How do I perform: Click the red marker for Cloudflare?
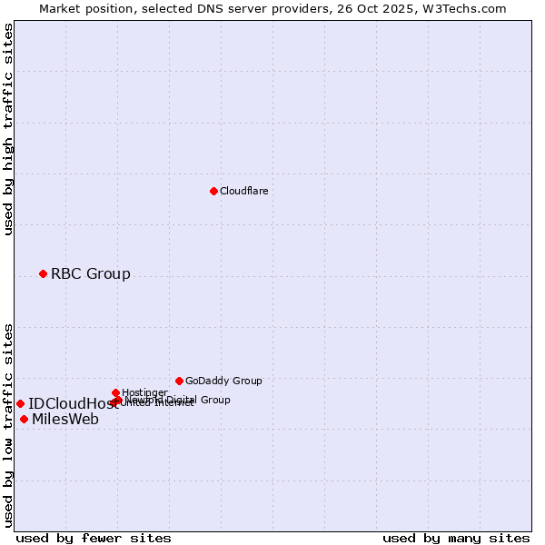pos(213,191)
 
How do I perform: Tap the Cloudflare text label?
pos(243,191)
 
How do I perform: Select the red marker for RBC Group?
pos(43,273)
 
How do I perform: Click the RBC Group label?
pos(90,273)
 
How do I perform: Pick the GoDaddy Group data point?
pos(179,381)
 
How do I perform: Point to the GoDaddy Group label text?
pos(223,381)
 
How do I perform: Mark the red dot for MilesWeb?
pos(24,419)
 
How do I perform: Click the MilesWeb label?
pos(65,419)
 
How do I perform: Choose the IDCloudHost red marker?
pos(20,403)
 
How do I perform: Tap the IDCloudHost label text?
pos(73,403)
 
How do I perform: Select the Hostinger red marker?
pos(115,392)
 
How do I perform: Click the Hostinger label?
pos(144,392)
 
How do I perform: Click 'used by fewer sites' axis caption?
pos(94,538)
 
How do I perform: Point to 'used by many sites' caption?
pos(456,538)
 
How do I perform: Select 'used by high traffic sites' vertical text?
pos(8,129)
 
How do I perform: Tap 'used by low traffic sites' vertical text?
pos(8,424)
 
